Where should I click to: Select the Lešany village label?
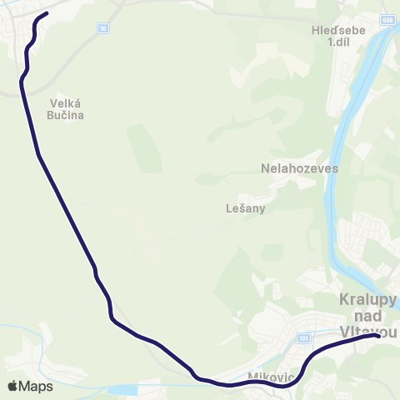click(x=246, y=208)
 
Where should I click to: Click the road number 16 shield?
click(x=102, y=28)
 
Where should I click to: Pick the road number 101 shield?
click(x=303, y=338)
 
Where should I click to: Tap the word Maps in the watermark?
click(x=37, y=386)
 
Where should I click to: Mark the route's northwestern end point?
click(x=47, y=13)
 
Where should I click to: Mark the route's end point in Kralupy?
click(x=379, y=336)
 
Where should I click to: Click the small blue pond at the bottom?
click(x=122, y=389)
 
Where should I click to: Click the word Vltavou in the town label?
click(x=368, y=331)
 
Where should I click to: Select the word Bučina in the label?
click(x=62, y=116)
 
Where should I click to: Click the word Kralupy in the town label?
click(x=368, y=299)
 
